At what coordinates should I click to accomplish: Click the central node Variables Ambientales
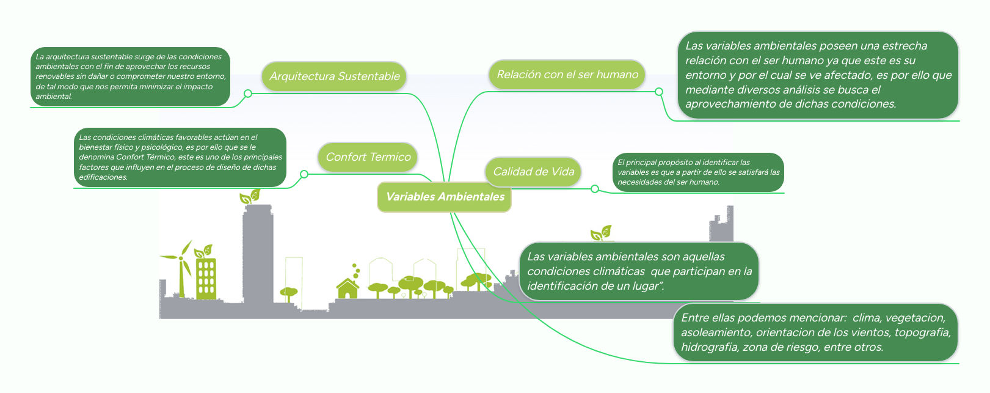445,197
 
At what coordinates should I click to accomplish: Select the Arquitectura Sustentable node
334,76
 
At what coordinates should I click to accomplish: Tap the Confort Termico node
368,157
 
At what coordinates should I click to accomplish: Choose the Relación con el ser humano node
567,75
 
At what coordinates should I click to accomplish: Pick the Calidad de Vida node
533,172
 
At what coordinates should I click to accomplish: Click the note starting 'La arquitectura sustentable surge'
130,76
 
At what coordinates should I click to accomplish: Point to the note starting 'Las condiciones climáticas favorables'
180,157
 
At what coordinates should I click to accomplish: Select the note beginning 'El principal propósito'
698,172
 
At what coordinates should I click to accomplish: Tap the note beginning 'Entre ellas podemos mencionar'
815,332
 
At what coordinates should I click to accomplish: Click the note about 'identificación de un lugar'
639,271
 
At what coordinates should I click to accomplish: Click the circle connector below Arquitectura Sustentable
248,94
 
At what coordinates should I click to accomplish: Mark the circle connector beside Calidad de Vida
595,189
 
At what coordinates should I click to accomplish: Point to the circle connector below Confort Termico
304,174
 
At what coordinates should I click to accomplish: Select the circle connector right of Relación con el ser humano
659,92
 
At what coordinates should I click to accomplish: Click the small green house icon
348,288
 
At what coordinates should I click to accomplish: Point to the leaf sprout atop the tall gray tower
250,197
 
